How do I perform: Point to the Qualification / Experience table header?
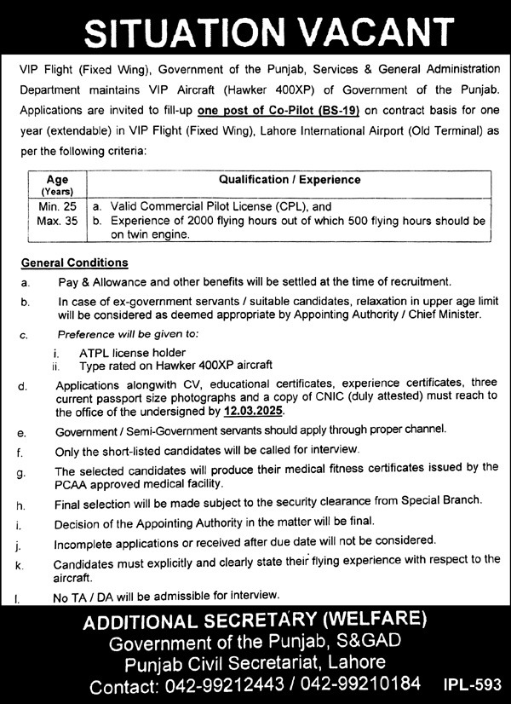point(290,180)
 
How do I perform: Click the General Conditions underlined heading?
point(75,263)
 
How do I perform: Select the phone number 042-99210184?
point(372,684)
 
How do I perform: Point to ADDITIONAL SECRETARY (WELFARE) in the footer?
point(255,620)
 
